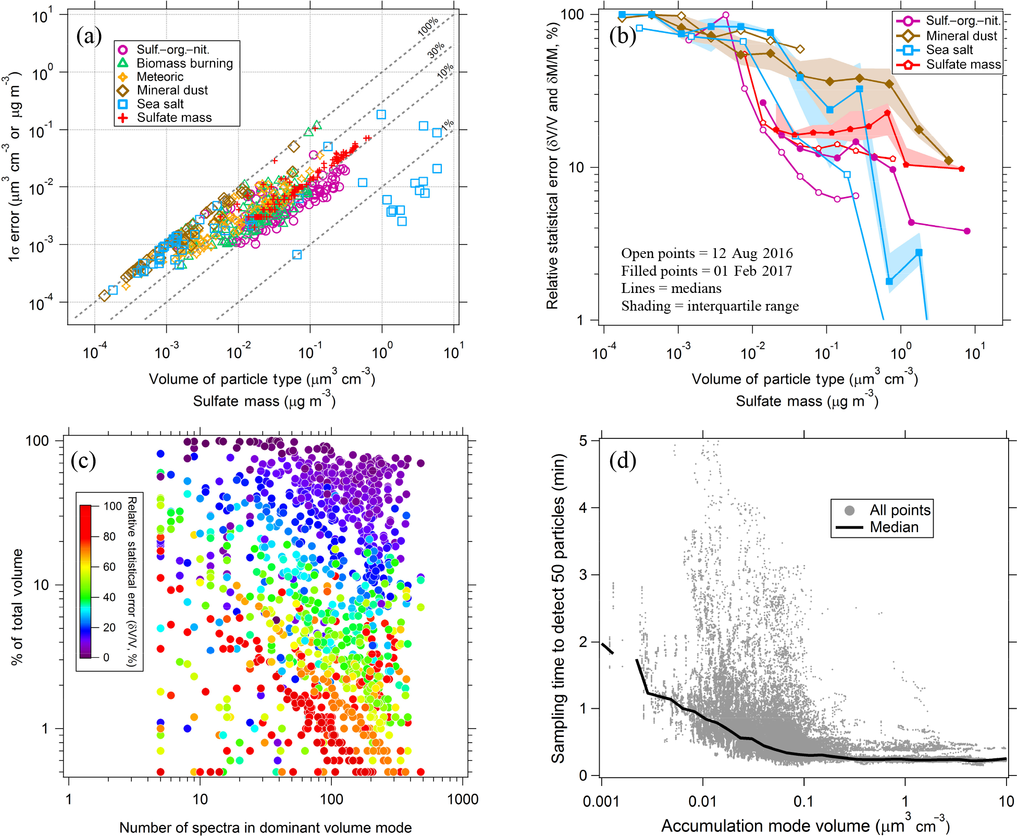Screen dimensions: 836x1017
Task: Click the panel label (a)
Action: coord(89,36)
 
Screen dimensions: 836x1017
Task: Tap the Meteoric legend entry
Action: coord(159,77)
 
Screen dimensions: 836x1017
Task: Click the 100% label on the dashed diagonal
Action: coord(428,27)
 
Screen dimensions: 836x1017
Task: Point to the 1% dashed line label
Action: coord(448,125)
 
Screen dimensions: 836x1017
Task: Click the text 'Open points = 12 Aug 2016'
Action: coord(706,253)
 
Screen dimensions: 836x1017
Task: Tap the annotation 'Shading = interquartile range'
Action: coord(710,306)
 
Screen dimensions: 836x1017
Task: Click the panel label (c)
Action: coord(83,460)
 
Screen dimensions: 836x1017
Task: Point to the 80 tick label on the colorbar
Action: coord(109,536)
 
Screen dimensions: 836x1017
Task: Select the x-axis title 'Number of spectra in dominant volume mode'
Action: coord(265,828)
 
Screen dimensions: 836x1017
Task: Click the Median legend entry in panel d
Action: coord(894,527)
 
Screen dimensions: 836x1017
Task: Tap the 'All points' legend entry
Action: coord(899,510)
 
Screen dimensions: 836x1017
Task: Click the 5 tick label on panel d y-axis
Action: coord(582,441)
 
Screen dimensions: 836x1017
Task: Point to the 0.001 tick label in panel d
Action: coord(601,801)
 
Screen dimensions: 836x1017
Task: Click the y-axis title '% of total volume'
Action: coord(17,607)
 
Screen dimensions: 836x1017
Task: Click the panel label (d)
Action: coord(623,460)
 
